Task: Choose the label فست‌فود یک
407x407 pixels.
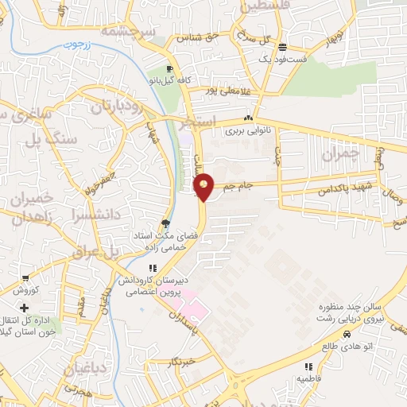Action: pyautogui.click(x=278, y=60)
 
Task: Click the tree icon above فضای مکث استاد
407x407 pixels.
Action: pyautogui.click(x=165, y=223)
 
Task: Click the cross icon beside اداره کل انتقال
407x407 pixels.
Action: pyautogui.click(x=25, y=307)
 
